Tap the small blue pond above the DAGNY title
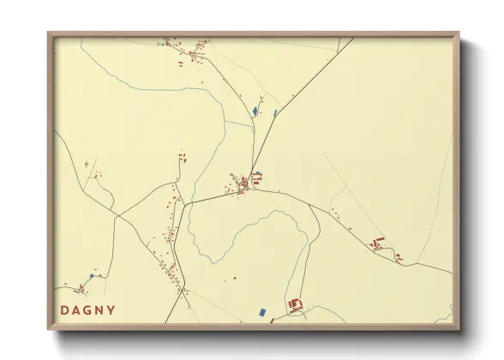pyautogui.click(x=91, y=276)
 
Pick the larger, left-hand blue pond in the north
pyautogui.click(x=254, y=111)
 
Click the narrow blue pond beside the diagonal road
pyautogui.click(x=274, y=112)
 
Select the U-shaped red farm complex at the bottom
pyautogui.click(x=297, y=304)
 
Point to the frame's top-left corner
pyautogui.click(x=48, y=33)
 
